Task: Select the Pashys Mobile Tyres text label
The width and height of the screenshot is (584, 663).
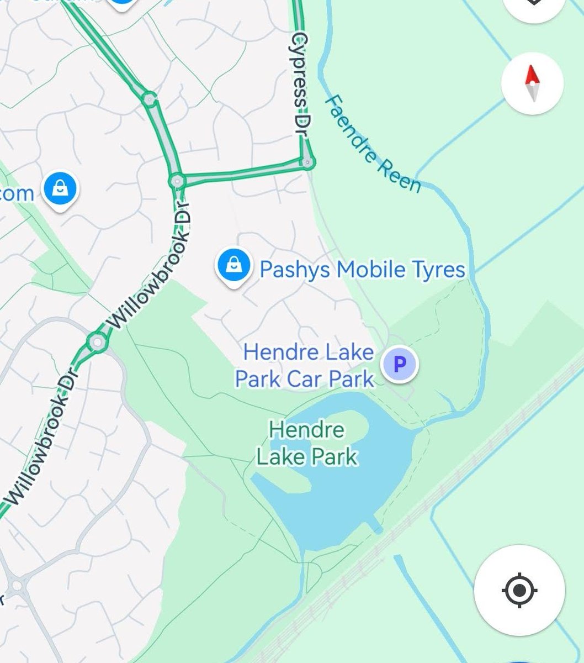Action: [362, 270]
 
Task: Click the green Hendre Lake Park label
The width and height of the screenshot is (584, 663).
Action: [307, 443]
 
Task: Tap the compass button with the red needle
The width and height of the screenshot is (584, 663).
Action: [532, 83]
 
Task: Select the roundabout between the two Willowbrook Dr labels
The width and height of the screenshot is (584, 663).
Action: [98, 343]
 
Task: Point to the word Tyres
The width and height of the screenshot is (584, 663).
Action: [438, 270]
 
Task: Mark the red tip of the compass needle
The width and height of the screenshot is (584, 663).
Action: [532, 74]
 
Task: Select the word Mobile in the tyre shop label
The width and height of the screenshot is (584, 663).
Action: [370, 270]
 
